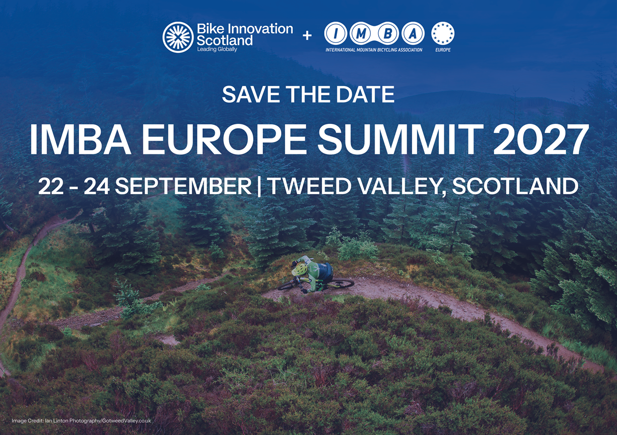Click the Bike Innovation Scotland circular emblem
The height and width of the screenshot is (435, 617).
pyautogui.click(x=178, y=37)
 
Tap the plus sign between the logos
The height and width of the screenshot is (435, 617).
pyautogui.click(x=307, y=35)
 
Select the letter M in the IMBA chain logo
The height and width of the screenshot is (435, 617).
pyautogui.click(x=361, y=34)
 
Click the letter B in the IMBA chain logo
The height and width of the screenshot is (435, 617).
pyautogui.click(x=387, y=34)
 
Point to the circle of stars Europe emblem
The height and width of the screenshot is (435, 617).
pyautogui.click(x=443, y=33)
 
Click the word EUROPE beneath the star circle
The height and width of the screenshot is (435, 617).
pyautogui.click(x=443, y=50)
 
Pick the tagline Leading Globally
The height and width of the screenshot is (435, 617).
pyautogui.click(x=217, y=50)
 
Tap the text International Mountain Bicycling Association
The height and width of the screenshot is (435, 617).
pyautogui.click(x=374, y=50)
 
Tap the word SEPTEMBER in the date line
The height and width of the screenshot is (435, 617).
pyautogui.click(x=183, y=186)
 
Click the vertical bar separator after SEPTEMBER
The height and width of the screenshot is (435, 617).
pyautogui.click(x=259, y=187)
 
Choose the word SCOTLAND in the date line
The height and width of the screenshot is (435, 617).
pyautogui.click(x=515, y=186)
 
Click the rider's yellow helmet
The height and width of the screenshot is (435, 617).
pyautogui.click(x=300, y=269)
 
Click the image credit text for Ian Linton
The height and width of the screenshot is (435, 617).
pyautogui.click(x=81, y=421)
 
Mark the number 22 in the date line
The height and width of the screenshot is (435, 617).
pyautogui.click(x=51, y=186)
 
